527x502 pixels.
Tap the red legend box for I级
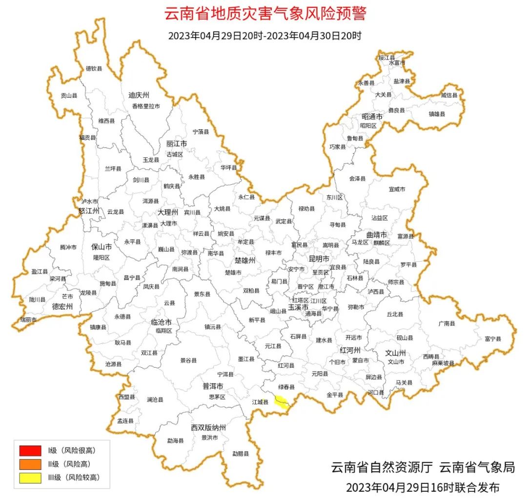30,450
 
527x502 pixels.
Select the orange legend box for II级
30,463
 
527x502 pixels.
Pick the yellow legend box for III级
30,477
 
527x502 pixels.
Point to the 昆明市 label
319,258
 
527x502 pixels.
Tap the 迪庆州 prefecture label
139,95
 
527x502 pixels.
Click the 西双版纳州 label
208,428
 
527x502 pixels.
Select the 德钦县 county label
94,68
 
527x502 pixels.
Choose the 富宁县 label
493,338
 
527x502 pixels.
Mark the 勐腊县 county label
240,454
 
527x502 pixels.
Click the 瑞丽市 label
28,319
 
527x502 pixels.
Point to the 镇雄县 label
437,114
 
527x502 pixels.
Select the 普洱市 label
213,386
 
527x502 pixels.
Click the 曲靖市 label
376,234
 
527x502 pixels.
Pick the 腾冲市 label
68,247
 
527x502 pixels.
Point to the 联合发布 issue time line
423,487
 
